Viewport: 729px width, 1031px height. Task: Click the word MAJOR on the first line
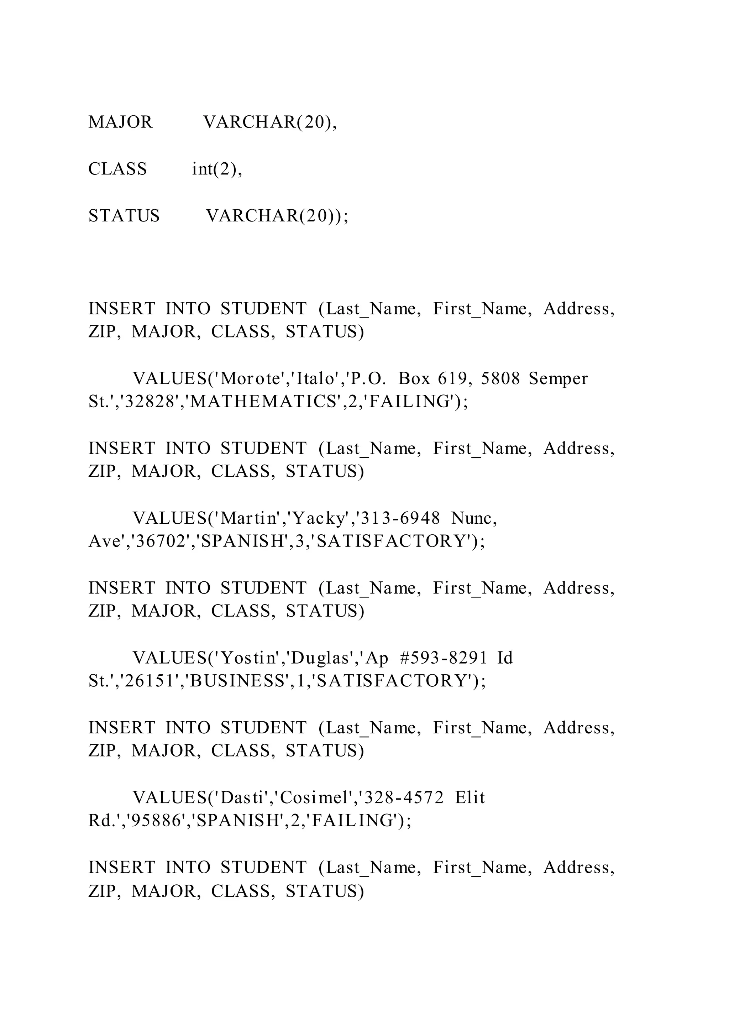coord(120,122)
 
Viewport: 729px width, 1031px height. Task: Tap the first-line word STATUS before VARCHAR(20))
coord(124,216)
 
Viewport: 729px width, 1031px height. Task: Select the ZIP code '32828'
coord(150,402)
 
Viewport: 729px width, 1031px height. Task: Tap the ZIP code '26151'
coord(150,681)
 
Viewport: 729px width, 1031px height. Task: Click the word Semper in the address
coord(558,378)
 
